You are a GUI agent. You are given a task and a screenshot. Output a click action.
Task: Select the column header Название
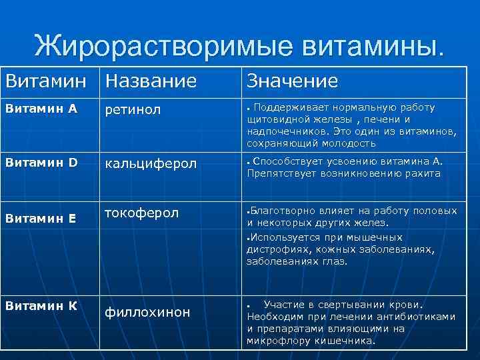coord(151,81)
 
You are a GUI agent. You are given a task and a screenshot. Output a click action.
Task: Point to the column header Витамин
coord(47,81)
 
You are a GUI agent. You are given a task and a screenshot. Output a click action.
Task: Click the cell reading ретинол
coord(133,110)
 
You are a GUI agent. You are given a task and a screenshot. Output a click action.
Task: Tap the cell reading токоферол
coord(142,213)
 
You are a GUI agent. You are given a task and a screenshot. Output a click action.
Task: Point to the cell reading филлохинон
coord(147,311)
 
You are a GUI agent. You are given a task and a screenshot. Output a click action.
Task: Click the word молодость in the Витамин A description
coord(351,143)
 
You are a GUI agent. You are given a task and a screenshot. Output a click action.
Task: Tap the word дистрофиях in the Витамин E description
coord(273,249)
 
